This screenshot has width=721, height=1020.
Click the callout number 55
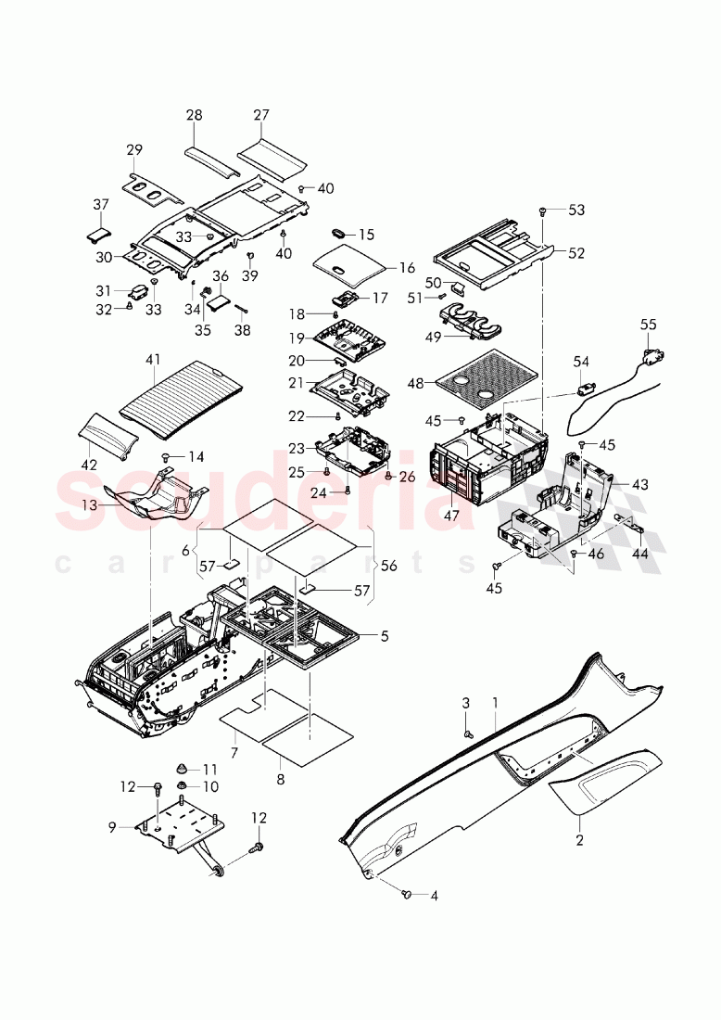click(648, 325)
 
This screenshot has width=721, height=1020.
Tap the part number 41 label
click(154, 360)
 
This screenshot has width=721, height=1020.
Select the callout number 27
click(260, 115)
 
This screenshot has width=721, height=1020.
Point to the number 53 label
click(576, 210)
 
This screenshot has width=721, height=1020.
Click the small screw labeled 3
click(468, 734)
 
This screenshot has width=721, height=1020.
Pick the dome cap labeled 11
click(184, 769)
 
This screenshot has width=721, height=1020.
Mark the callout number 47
click(450, 516)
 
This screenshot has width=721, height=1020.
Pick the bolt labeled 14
click(167, 456)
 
